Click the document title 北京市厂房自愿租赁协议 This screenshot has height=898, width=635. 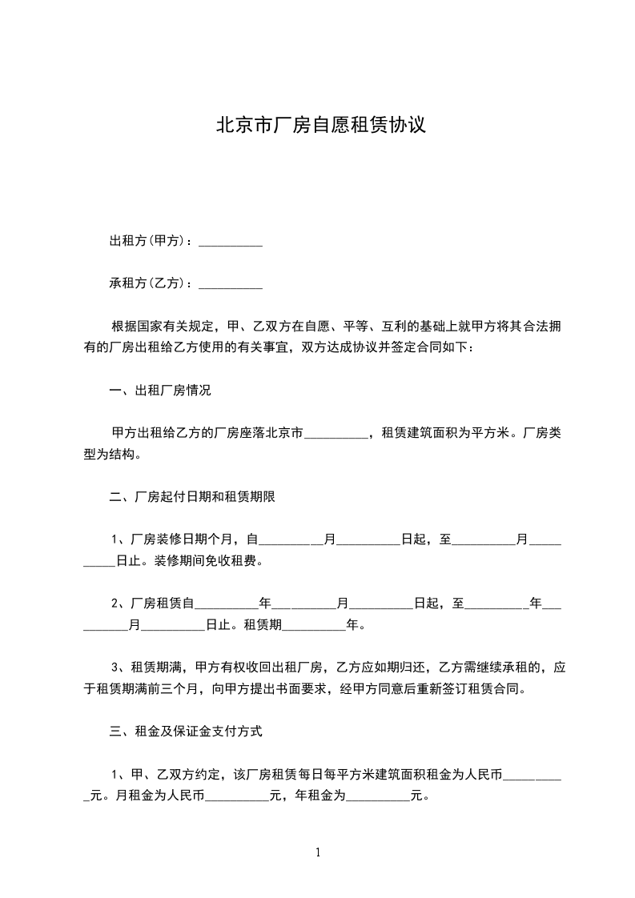tap(319, 126)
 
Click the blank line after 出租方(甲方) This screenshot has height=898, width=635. tap(230, 242)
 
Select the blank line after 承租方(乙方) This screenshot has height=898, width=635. tap(230, 283)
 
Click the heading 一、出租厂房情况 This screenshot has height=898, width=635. tap(160, 391)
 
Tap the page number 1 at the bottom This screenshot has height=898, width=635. tap(318, 852)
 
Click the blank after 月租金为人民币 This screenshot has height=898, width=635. tap(238, 797)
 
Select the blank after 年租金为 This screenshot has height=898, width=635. tap(377, 797)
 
